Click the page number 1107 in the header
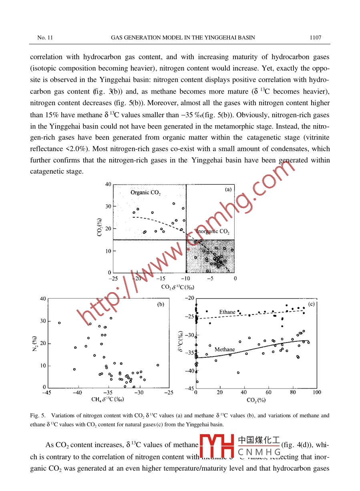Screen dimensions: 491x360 coord(315,38)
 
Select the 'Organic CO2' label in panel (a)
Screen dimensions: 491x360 coord(145,193)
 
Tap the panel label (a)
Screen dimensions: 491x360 coord(228,190)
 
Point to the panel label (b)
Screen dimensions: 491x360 coord(160,304)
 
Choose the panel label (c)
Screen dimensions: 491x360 coord(311,304)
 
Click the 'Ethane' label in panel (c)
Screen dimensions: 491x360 coord(227,312)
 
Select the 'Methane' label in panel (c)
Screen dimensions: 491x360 coord(224,349)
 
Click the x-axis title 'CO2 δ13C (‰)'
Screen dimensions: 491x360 coord(178,287)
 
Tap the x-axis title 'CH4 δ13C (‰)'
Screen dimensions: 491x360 coord(107,399)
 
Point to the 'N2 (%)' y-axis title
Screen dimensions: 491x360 coord(34,343)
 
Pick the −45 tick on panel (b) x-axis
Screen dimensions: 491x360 coord(46,393)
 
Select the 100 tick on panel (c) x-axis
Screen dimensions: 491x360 coord(316,393)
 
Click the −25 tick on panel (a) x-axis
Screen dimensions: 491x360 coord(114,278)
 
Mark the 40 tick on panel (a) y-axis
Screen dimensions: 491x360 coord(108,184)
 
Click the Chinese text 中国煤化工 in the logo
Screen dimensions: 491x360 coord(259,440)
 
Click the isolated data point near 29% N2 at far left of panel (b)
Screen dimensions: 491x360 coord(59,323)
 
